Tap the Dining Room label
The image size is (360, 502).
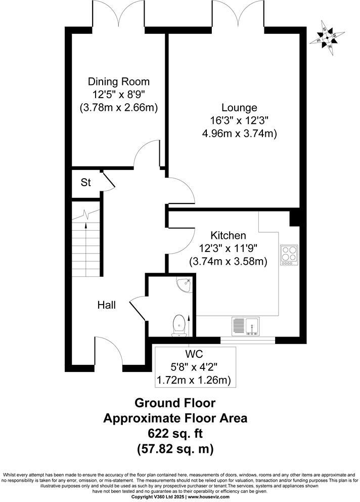point(119,81)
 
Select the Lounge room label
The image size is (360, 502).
point(239,107)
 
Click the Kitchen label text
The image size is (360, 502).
point(228,235)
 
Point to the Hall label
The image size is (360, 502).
point(107,305)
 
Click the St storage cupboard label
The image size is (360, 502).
point(86,182)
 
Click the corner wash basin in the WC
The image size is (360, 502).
point(186,285)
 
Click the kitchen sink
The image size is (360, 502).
point(246,326)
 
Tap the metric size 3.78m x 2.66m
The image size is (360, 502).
point(119,107)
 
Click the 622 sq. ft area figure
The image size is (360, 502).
point(175,433)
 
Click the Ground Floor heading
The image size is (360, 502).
point(175,403)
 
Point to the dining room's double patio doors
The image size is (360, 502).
point(118,14)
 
